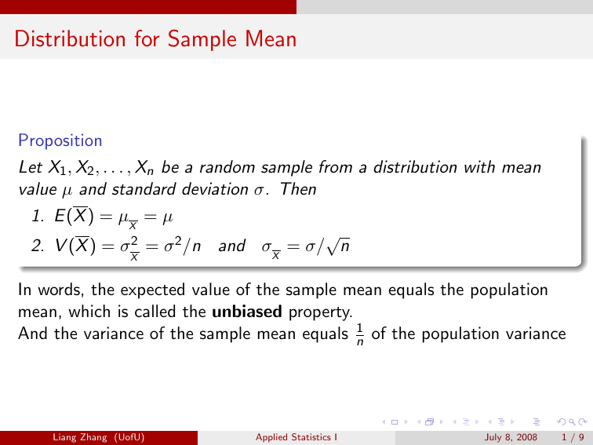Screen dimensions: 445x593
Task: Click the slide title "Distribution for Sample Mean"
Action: (x=155, y=38)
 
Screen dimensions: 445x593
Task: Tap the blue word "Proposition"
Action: (x=60, y=141)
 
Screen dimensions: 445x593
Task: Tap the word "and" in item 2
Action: (x=231, y=246)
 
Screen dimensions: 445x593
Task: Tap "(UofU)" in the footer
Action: (x=129, y=436)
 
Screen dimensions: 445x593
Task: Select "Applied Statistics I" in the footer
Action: (x=296, y=436)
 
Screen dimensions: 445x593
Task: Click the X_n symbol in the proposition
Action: (x=144, y=168)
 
